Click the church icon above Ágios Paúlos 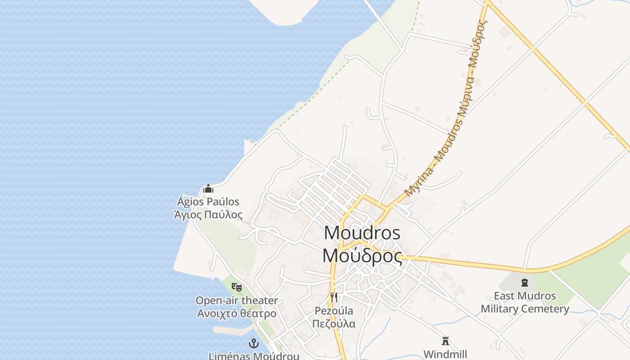point(208,189)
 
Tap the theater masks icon point(236,286)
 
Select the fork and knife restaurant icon point(333,297)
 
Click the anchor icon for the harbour point(254,344)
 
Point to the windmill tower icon point(445,341)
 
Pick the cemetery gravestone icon point(524,283)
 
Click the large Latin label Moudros point(362,233)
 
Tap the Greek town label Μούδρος point(362,256)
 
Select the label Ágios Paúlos point(208,202)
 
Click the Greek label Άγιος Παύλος point(208,215)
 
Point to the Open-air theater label point(236,300)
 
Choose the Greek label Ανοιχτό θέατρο point(236,313)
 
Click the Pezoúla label point(333,311)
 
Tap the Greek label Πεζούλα point(333,324)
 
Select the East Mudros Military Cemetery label point(525,302)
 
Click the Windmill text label point(445,354)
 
